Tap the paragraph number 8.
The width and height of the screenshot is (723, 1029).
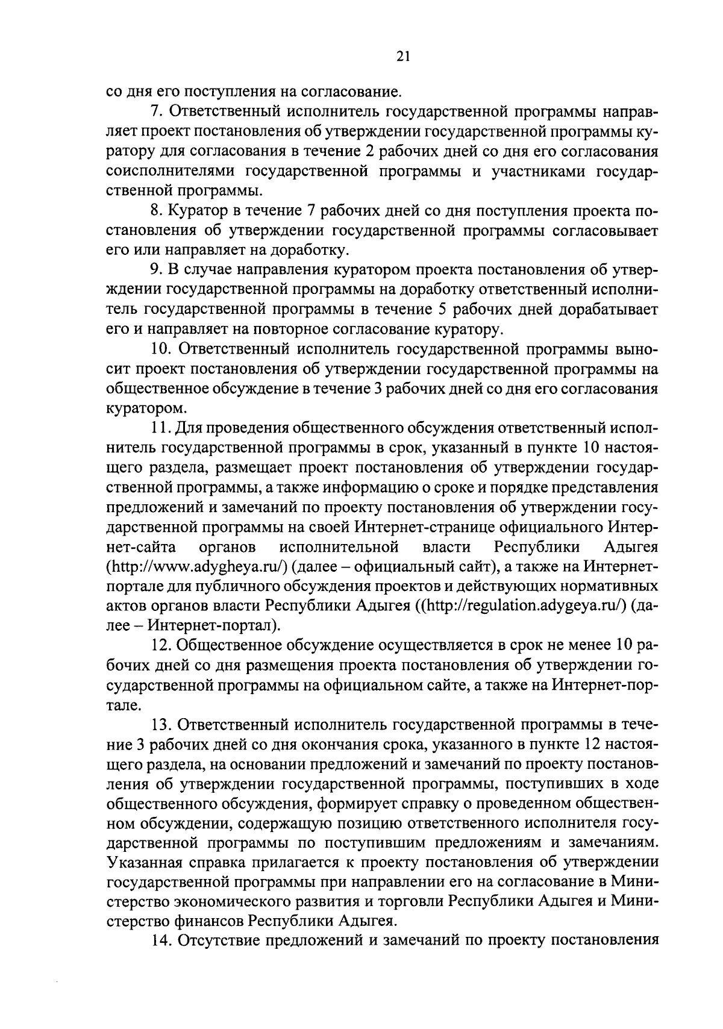[x=154, y=211]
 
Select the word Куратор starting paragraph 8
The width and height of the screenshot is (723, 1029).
[x=196, y=211]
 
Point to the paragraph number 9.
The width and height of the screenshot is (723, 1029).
[x=154, y=271]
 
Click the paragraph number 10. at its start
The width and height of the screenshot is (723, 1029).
[x=158, y=349]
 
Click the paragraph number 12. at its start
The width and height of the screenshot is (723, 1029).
[x=158, y=646]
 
